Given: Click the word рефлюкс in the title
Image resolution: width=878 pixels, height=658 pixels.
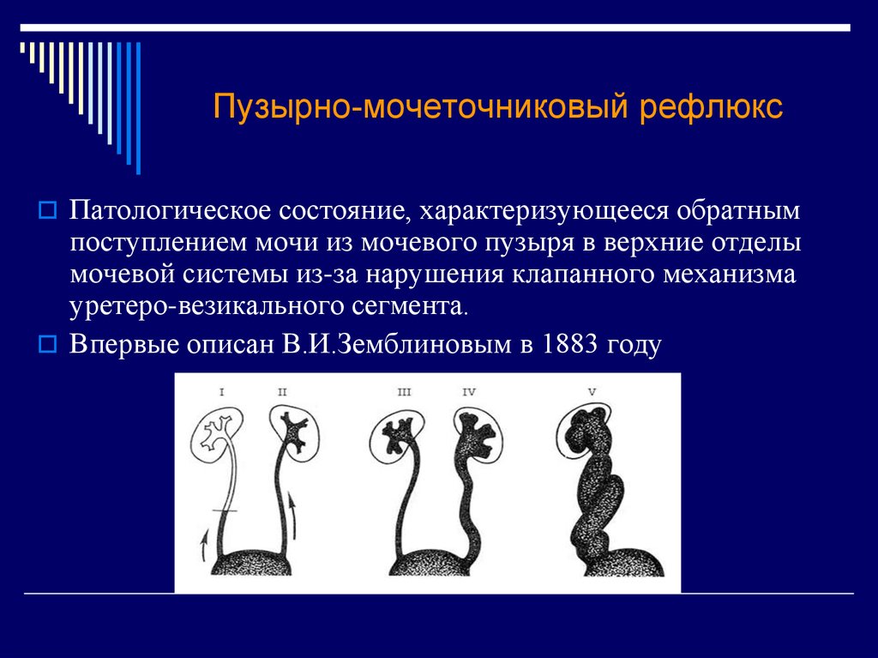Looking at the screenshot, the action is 711,107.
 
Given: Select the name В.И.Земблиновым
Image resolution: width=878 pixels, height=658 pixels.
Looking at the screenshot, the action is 396,343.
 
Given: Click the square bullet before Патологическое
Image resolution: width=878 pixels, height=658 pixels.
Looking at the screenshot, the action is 48,211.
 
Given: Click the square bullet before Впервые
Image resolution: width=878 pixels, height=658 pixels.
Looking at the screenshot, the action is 48,343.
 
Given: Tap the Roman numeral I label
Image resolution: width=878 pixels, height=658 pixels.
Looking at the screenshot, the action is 222,392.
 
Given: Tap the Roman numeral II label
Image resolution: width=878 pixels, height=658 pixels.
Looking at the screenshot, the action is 282,392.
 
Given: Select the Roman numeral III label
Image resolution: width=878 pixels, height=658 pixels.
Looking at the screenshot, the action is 404,392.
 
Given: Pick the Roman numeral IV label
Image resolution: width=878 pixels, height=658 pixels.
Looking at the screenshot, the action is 469,392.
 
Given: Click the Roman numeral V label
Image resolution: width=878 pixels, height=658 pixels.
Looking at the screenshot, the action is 592,392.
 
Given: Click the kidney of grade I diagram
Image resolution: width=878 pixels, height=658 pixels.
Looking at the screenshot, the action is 217,436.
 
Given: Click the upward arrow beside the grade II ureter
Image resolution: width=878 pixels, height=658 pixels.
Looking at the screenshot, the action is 292,515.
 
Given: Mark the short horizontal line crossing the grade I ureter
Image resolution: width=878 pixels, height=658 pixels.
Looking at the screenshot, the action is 225,510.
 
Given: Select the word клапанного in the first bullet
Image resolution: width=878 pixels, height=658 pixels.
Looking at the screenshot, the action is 584,275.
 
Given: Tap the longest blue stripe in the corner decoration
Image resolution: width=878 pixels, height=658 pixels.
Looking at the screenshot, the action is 138,108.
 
